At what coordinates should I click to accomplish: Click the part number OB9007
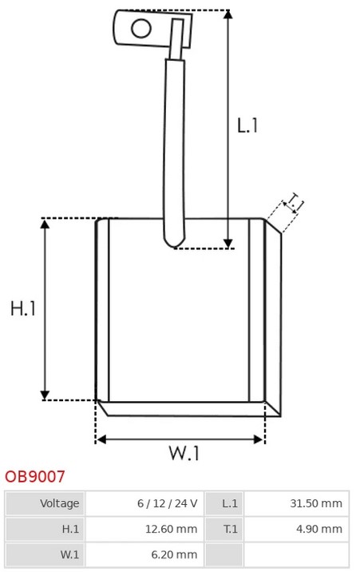[x=34, y=476]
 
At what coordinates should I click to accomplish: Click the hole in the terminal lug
[x=141, y=29]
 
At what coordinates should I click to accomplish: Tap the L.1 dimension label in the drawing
[x=247, y=125]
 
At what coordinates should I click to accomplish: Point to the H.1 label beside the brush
[x=23, y=308]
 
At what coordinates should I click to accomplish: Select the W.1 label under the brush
[x=184, y=453]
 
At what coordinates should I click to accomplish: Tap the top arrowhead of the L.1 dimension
[x=228, y=14]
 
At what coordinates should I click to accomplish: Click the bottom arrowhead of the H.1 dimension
[x=45, y=395]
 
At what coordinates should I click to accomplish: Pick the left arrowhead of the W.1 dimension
[x=101, y=439]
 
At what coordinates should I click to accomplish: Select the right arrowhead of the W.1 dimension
[x=259, y=439]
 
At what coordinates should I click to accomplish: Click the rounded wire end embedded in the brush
[x=174, y=240]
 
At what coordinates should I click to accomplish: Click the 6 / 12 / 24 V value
[x=168, y=503]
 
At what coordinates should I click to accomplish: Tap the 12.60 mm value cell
[x=144, y=529]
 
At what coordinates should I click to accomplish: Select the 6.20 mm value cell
[x=144, y=554]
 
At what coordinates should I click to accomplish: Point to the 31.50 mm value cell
[x=296, y=503]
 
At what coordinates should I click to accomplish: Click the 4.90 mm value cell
[x=296, y=529]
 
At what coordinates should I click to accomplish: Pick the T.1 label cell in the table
[x=224, y=529]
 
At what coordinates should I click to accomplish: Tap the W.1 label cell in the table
[x=45, y=554]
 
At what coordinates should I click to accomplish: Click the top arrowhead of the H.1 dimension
[x=45, y=224]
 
